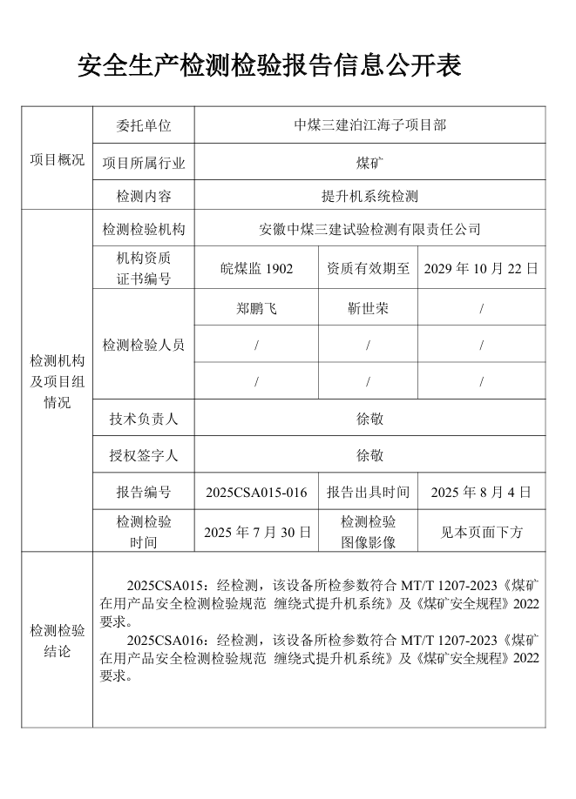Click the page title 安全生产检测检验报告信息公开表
pos(269,65)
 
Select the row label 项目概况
pos(58,160)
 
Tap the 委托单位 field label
pos(144,125)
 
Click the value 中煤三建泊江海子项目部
pos(370,125)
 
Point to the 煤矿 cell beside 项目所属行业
pos(370,162)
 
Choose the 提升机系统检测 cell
pos(370,197)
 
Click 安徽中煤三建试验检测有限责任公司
pos(370,230)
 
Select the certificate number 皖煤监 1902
pos(256,268)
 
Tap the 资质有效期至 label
pos(368,268)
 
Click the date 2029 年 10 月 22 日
pos(481,268)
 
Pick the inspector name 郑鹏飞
pos(256,308)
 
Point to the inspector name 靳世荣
pos(368,308)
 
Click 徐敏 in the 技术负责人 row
pos(370,419)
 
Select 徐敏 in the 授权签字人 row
pos(370,455)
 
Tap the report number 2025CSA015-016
pos(256,493)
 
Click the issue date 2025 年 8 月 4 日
pos(481,493)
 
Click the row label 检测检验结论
pos(58,641)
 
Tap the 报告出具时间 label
pos(368,493)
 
